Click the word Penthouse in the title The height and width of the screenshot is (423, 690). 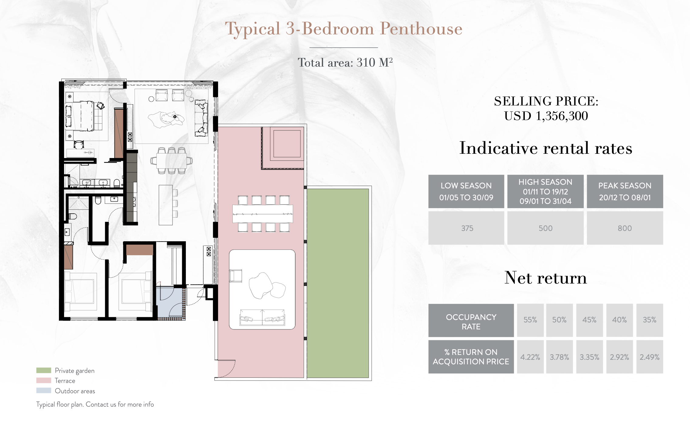click(x=421, y=29)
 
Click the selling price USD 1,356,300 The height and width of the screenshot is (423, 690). click(x=546, y=116)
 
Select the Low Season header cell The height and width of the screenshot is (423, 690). click(x=466, y=191)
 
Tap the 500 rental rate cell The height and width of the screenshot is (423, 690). click(x=545, y=228)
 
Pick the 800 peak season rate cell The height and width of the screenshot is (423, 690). click(x=625, y=228)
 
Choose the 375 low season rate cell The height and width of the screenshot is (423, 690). click(x=466, y=228)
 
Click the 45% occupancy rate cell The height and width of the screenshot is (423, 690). click(x=589, y=320)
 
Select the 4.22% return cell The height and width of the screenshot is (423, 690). click(x=530, y=357)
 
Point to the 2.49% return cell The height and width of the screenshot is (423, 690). click(x=650, y=357)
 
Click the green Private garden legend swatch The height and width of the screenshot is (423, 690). click(x=44, y=370)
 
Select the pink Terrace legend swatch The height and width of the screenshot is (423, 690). click(x=44, y=380)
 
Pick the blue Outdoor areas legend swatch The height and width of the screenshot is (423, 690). click(x=44, y=390)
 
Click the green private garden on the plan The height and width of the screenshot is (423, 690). click(x=338, y=283)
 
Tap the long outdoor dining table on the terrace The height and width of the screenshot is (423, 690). click(x=263, y=214)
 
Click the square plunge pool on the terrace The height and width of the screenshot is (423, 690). click(x=287, y=143)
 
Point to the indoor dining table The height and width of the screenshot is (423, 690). click(x=172, y=161)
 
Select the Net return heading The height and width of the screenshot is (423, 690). click(x=545, y=278)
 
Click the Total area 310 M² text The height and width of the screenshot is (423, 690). click(x=345, y=63)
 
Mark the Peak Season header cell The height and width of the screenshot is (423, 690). click(x=625, y=191)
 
